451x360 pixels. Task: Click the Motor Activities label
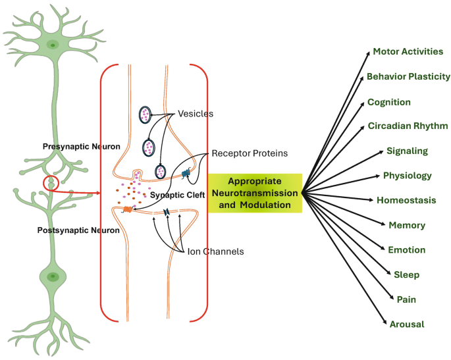[x=408, y=51]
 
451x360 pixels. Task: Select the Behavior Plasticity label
[x=408, y=76]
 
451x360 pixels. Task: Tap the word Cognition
[x=389, y=102]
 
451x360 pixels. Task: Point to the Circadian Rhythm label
[x=408, y=125]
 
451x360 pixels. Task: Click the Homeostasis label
[x=406, y=199]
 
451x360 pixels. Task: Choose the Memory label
[x=407, y=225]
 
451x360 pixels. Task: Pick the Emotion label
[x=406, y=250]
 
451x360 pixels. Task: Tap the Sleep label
[x=406, y=274]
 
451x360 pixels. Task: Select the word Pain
[x=406, y=299]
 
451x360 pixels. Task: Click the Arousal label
[x=406, y=324]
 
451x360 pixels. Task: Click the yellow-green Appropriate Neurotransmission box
[x=255, y=193]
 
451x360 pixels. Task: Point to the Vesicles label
[x=196, y=113]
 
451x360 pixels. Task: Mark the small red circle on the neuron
[x=51, y=182]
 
